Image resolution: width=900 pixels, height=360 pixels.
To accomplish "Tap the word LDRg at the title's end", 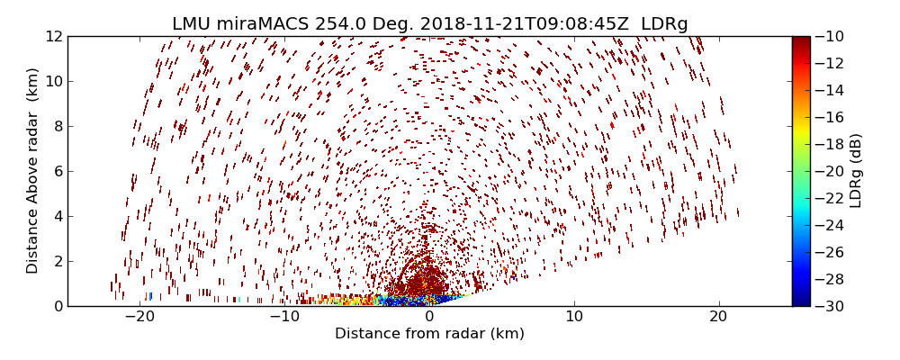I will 664,24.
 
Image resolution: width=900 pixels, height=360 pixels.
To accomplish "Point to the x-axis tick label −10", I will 283,317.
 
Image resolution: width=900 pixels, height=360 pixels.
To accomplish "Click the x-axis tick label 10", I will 574,317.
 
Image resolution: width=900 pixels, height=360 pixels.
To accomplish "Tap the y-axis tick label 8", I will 57,126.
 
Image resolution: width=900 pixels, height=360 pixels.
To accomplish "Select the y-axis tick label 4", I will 57,216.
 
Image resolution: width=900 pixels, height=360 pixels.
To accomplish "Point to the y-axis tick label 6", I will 57,171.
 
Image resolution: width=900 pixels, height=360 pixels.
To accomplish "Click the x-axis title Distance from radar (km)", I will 429,334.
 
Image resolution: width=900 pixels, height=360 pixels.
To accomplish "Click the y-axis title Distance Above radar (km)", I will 33,171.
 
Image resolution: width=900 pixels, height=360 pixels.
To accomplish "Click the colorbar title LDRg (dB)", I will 856,171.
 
